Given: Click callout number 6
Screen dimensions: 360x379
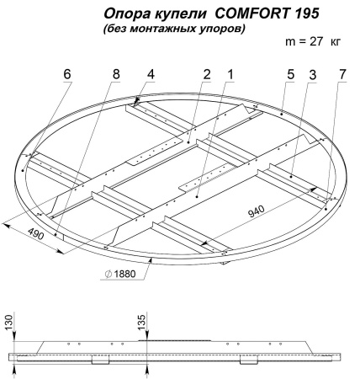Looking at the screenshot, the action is (x=67, y=74).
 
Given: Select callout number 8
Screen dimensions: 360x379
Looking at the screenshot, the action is (x=116, y=74).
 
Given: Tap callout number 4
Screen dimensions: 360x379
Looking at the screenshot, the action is (x=151, y=74).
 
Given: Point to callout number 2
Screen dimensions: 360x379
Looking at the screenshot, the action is (x=206, y=74).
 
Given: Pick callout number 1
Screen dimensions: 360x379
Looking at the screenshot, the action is (x=230, y=74).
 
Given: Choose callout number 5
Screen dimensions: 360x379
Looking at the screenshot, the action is (x=291, y=74).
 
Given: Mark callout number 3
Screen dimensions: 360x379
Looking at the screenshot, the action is (x=313, y=75).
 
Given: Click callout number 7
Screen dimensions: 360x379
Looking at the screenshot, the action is (x=342, y=74).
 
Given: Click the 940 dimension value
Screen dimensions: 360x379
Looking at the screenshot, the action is (x=257, y=211).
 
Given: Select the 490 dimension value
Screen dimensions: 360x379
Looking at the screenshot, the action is (x=36, y=233).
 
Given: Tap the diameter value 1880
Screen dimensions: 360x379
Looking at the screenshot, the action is (x=125, y=274).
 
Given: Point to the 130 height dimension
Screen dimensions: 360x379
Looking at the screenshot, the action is (x=9, y=323).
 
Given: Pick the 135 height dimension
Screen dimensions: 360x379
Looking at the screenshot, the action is (x=142, y=323).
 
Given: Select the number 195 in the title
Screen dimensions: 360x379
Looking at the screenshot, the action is (x=307, y=13).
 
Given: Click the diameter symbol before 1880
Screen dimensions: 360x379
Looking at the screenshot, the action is (x=109, y=274).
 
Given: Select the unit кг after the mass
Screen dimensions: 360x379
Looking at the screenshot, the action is (x=336, y=42).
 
